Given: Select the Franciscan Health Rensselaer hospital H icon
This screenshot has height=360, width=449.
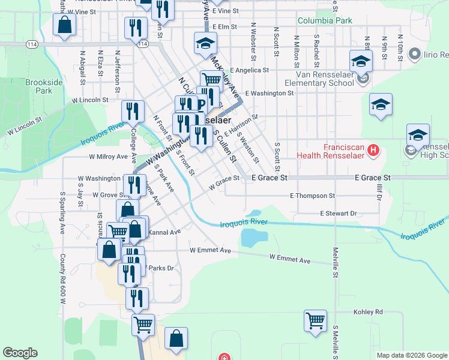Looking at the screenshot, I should pos(373,149).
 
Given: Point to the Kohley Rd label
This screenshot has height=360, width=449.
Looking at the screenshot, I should pos(367,312).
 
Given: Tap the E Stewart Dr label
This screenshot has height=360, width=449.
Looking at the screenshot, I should pos(338,213).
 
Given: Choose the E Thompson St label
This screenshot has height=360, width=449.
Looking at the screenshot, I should pos(312,196).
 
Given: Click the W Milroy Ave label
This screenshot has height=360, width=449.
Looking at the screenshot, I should pos(108,157).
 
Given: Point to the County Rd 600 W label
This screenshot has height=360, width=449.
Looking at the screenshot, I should pos(62,279).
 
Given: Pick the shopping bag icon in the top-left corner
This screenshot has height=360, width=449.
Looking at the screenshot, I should pos(64,25).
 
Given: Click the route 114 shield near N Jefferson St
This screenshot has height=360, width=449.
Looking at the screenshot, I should pos(142,44).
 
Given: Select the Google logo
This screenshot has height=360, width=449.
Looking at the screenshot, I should pos(20,353).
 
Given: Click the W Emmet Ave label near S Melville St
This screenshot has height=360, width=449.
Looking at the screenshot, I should pos(290,260).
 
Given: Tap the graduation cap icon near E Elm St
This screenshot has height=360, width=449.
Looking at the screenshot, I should pos(205,43).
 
